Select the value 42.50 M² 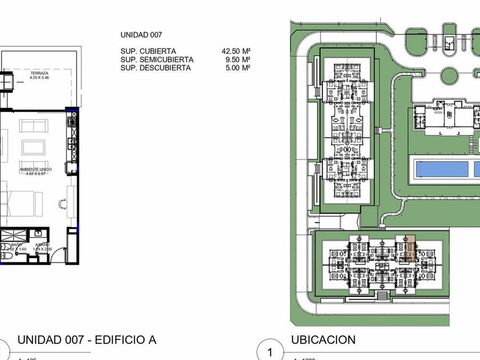(236, 51)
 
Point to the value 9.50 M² (238, 59)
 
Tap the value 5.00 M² (238, 67)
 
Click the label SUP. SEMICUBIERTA (157, 59)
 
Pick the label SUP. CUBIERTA (148, 51)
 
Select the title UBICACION (323, 339)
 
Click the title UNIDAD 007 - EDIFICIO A (87, 340)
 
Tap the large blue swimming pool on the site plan (441, 169)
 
